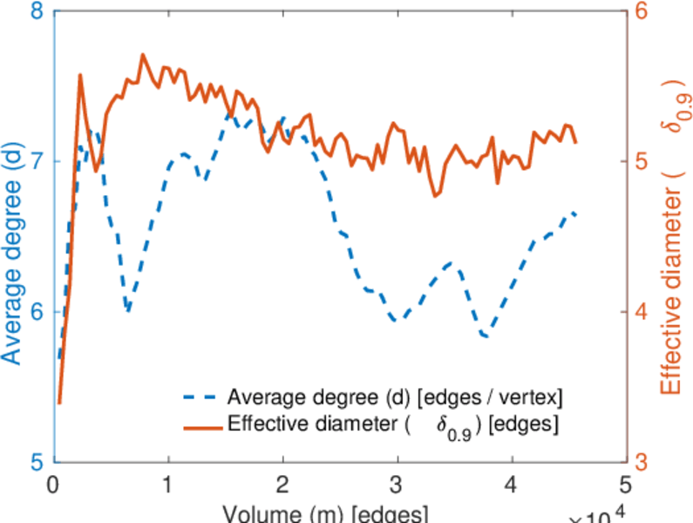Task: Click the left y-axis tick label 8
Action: point(37,13)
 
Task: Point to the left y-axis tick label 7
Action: point(37,162)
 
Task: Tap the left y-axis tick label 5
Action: point(37,462)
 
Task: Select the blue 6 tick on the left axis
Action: point(37,312)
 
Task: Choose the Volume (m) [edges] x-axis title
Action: point(325,513)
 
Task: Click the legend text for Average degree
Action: point(395,398)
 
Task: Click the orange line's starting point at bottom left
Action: point(58,402)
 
